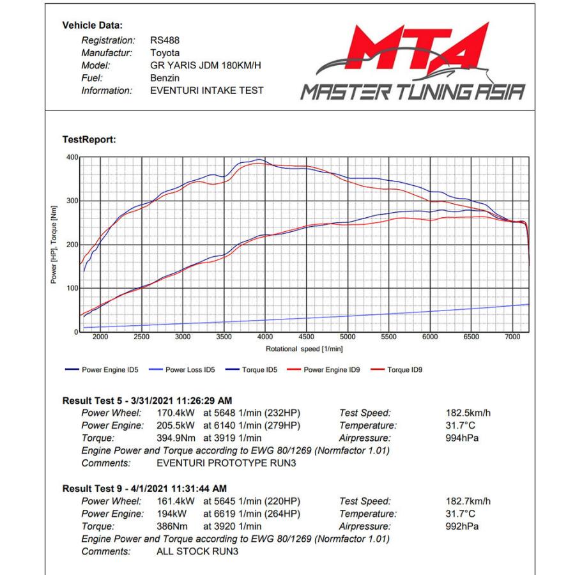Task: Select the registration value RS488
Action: pyautogui.click(x=164, y=41)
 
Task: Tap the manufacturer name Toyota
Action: pyautogui.click(x=164, y=53)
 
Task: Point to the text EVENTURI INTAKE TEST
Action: pyautogui.click(x=206, y=91)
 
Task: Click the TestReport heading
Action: pyautogui.click(x=89, y=140)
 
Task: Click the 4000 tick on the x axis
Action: pyautogui.click(x=265, y=337)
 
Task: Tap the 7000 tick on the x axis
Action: pyautogui.click(x=512, y=337)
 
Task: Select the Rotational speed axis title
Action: pyautogui.click(x=303, y=349)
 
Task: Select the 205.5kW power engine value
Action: pyautogui.click(x=176, y=425)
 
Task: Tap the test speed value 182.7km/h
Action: pyautogui.click(x=468, y=502)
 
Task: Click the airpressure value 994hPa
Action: pyautogui.click(x=462, y=438)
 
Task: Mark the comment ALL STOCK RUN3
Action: pyautogui.click(x=197, y=551)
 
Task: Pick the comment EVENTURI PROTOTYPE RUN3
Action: pyautogui.click(x=226, y=463)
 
